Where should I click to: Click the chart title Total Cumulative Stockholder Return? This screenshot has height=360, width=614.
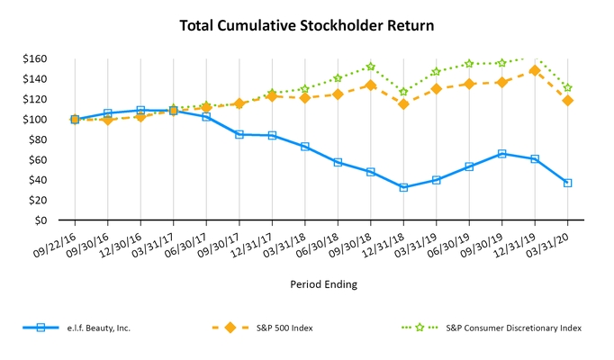(x=307, y=25)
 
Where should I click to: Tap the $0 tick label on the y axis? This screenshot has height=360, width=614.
(x=43, y=220)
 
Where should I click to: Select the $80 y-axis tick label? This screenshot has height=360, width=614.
(x=38, y=139)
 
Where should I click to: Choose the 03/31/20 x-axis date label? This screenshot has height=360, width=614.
(x=552, y=241)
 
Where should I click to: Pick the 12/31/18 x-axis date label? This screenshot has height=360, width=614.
(x=388, y=241)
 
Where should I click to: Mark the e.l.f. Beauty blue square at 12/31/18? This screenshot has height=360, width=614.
(x=403, y=187)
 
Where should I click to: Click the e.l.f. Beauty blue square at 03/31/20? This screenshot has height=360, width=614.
(x=567, y=183)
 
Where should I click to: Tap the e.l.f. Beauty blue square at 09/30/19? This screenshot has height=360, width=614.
(x=501, y=154)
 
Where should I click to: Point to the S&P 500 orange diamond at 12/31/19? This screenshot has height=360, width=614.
(x=535, y=70)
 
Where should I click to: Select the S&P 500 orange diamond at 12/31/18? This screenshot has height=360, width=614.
(x=403, y=104)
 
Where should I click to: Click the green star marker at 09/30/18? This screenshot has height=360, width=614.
(x=370, y=67)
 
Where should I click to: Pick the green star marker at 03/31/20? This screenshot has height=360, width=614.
(x=567, y=88)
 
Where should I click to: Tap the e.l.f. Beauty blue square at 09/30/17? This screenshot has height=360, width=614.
(x=239, y=134)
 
